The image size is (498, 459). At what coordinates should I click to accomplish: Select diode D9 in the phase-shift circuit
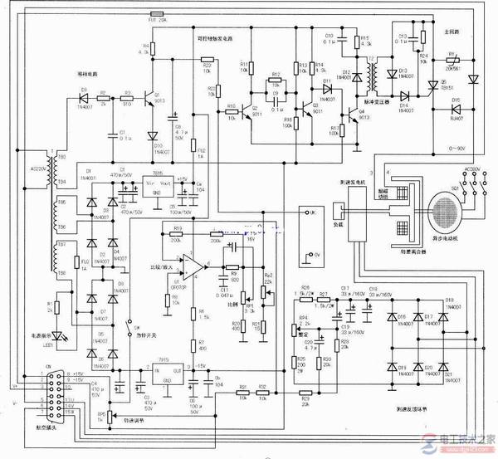[x=84, y=94]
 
